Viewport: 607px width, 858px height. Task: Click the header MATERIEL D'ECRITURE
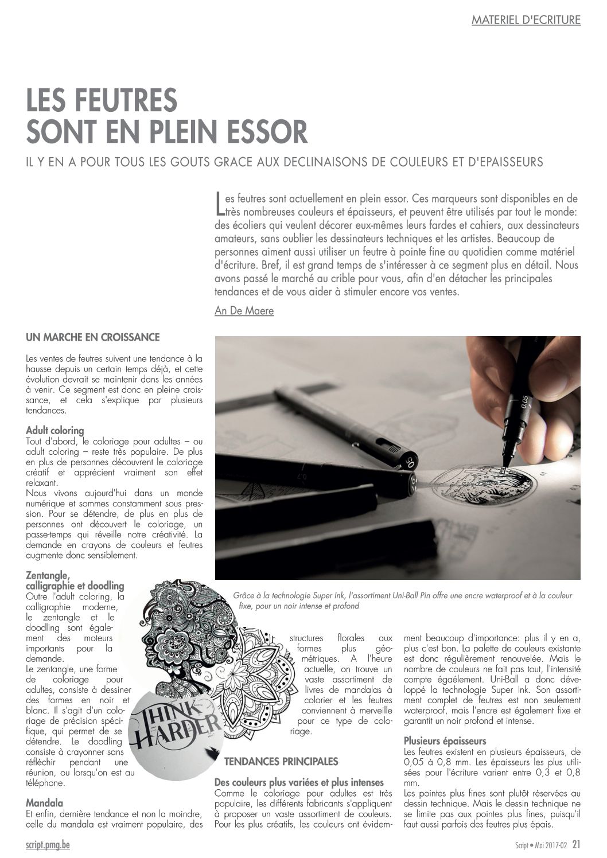(x=526, y=20)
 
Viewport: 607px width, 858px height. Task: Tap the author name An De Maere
(x=244, y=311)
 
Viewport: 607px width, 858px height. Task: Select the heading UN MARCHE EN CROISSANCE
(x=93, y=337)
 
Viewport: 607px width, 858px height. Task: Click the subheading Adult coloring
(x=55, y=430)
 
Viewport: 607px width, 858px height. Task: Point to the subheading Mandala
(x=45, y=803)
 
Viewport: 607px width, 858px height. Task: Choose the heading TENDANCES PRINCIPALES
(x=281, y=762)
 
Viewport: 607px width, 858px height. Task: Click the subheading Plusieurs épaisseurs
(x=445, y=740)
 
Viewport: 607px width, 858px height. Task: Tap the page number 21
(x=576, y=844)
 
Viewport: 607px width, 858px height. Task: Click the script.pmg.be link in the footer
(x=48, y=845)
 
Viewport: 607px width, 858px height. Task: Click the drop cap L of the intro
(x=218, y=205)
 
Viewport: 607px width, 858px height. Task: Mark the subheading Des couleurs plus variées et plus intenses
(x=299, y=782)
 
